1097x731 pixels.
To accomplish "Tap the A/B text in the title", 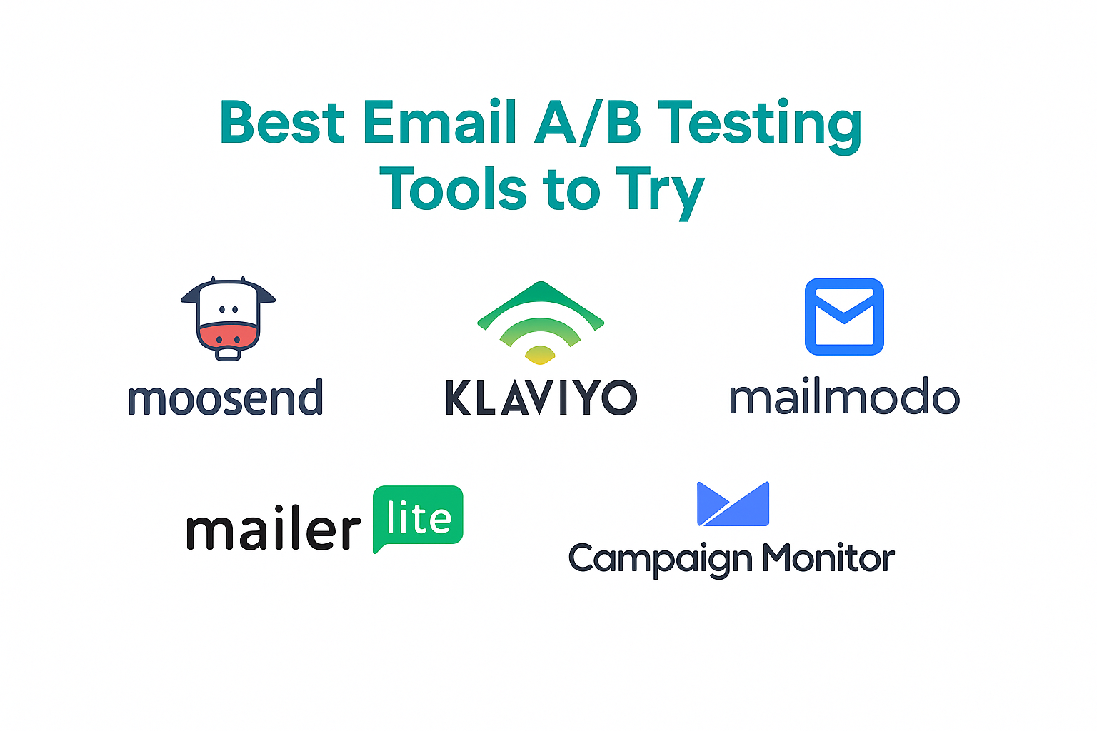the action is pos(588,122).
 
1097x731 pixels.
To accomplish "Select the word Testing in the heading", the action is pos(759,126).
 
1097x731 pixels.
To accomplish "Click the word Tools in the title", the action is pos(453,188).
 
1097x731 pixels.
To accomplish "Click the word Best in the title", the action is pos(282,121).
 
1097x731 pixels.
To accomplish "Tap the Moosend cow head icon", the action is pos(229,318).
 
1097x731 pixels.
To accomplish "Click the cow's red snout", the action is pos(229,335).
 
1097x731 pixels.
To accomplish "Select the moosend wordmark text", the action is pos(225,397).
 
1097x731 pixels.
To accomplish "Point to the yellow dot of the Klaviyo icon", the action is pos(540,355).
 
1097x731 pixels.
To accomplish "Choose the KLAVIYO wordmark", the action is pos(541,398).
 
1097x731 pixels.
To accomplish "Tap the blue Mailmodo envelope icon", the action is pos(844,317).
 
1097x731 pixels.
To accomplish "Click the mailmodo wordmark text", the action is pos(844,395).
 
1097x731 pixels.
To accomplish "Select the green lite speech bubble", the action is pos(418,518).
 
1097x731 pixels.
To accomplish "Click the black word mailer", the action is pos(274,530).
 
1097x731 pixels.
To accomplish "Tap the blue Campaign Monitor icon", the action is pos(733,504).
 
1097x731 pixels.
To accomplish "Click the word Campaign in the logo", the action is pos(661,560).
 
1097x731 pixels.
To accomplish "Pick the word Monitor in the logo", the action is pos(829,558).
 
